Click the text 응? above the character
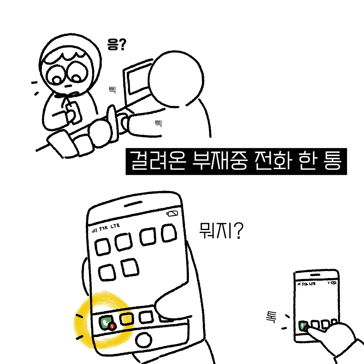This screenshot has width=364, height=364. point(116,45)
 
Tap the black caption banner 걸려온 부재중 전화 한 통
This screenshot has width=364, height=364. point(236,162)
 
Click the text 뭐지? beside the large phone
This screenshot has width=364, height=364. point(221,230)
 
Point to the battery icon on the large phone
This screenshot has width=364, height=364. point(172,214)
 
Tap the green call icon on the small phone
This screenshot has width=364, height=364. point(303,326)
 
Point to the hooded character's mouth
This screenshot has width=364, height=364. point(68,86)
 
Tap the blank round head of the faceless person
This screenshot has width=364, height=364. point(176,78)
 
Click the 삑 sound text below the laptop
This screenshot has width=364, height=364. point(158,123)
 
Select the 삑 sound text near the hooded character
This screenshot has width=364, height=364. point(112,90)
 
